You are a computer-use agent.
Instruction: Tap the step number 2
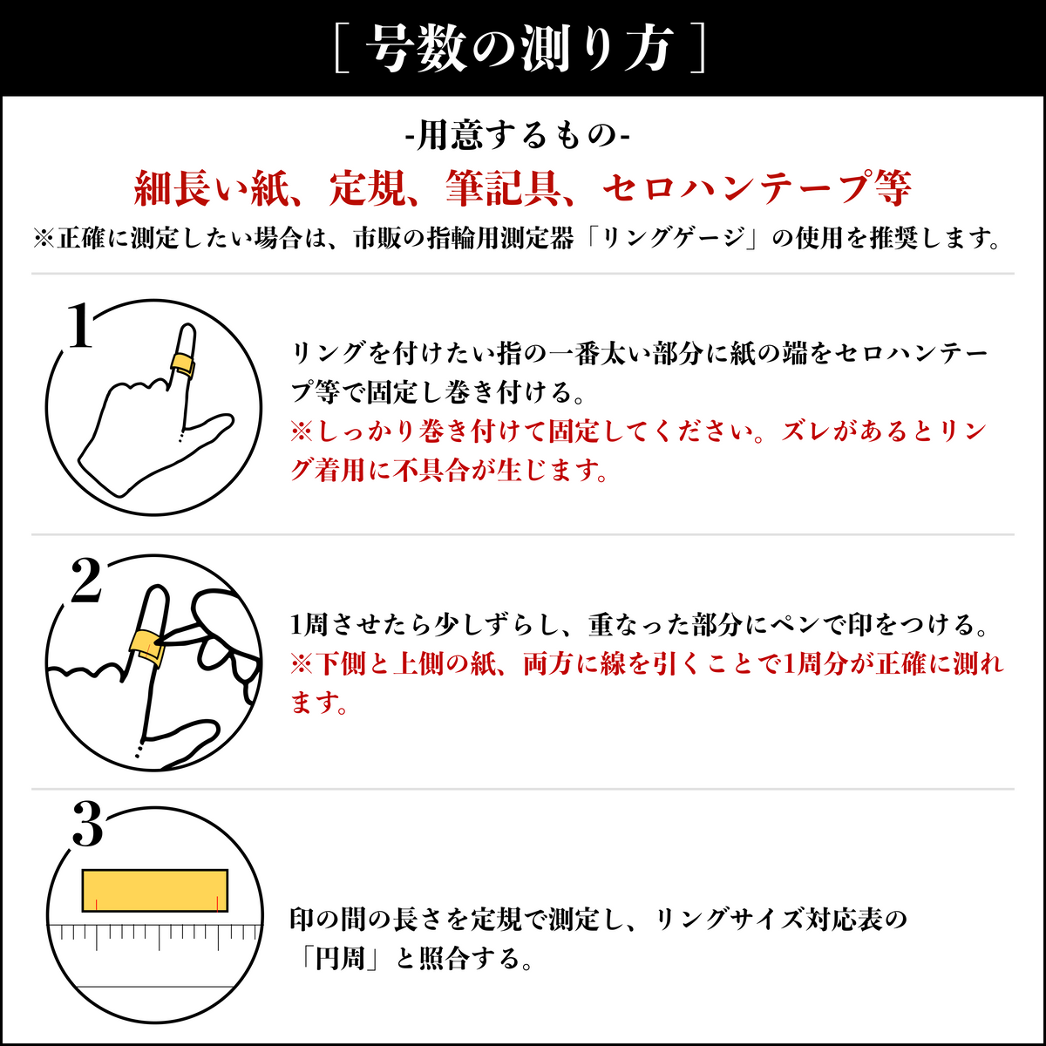(85, 581)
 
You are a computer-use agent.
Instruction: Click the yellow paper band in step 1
(182, 363)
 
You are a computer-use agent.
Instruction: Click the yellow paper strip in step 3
(154, 890)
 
